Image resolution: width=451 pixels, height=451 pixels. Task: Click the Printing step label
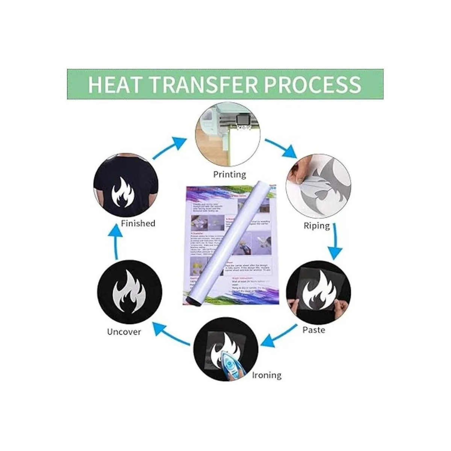coord(230,174)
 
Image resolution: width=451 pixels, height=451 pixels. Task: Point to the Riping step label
coord(316,226)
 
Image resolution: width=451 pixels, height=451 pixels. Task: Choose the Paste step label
coord(314,330)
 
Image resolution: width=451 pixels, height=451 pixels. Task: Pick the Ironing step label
coord(267,375)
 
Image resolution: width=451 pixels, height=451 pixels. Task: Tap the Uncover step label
coord(124,332)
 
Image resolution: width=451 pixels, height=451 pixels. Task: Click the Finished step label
coord(138,223)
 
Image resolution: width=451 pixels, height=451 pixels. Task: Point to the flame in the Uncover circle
coord(130,293)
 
